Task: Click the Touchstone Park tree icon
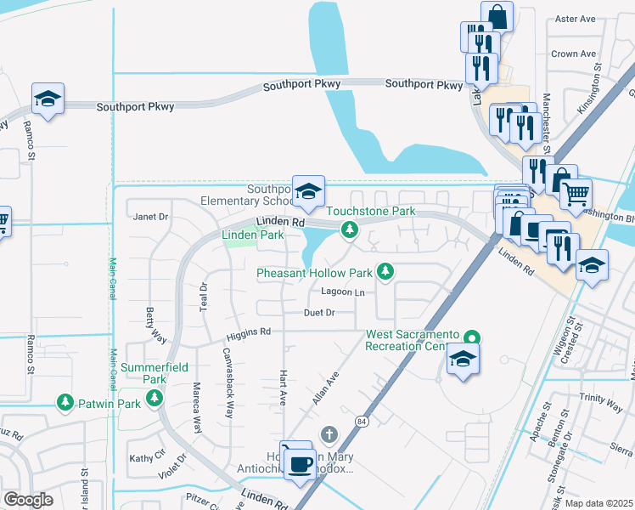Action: click(x=348, y=229)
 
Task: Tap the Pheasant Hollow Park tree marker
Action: click(x=385, y=271)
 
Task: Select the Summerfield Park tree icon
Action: click(x=154, y=399)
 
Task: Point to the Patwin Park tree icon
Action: click(x=65, y=402)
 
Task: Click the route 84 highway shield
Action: click(x=362, y=421)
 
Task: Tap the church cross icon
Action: click(x=329, y=435)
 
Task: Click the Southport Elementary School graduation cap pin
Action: click(x=308, y=190)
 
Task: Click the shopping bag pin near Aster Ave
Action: click(x=497, y=16)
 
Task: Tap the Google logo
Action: click(x=28, y=500)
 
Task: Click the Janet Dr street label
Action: click(x=151, y=217)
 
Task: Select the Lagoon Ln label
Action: click(x=342, y=292)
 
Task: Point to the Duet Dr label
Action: click(x=319, y=313)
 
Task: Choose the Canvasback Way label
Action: click(x=228, y=382)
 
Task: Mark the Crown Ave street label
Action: click(x=574, y=54)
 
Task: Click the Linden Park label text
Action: click(x=252, y=235)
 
